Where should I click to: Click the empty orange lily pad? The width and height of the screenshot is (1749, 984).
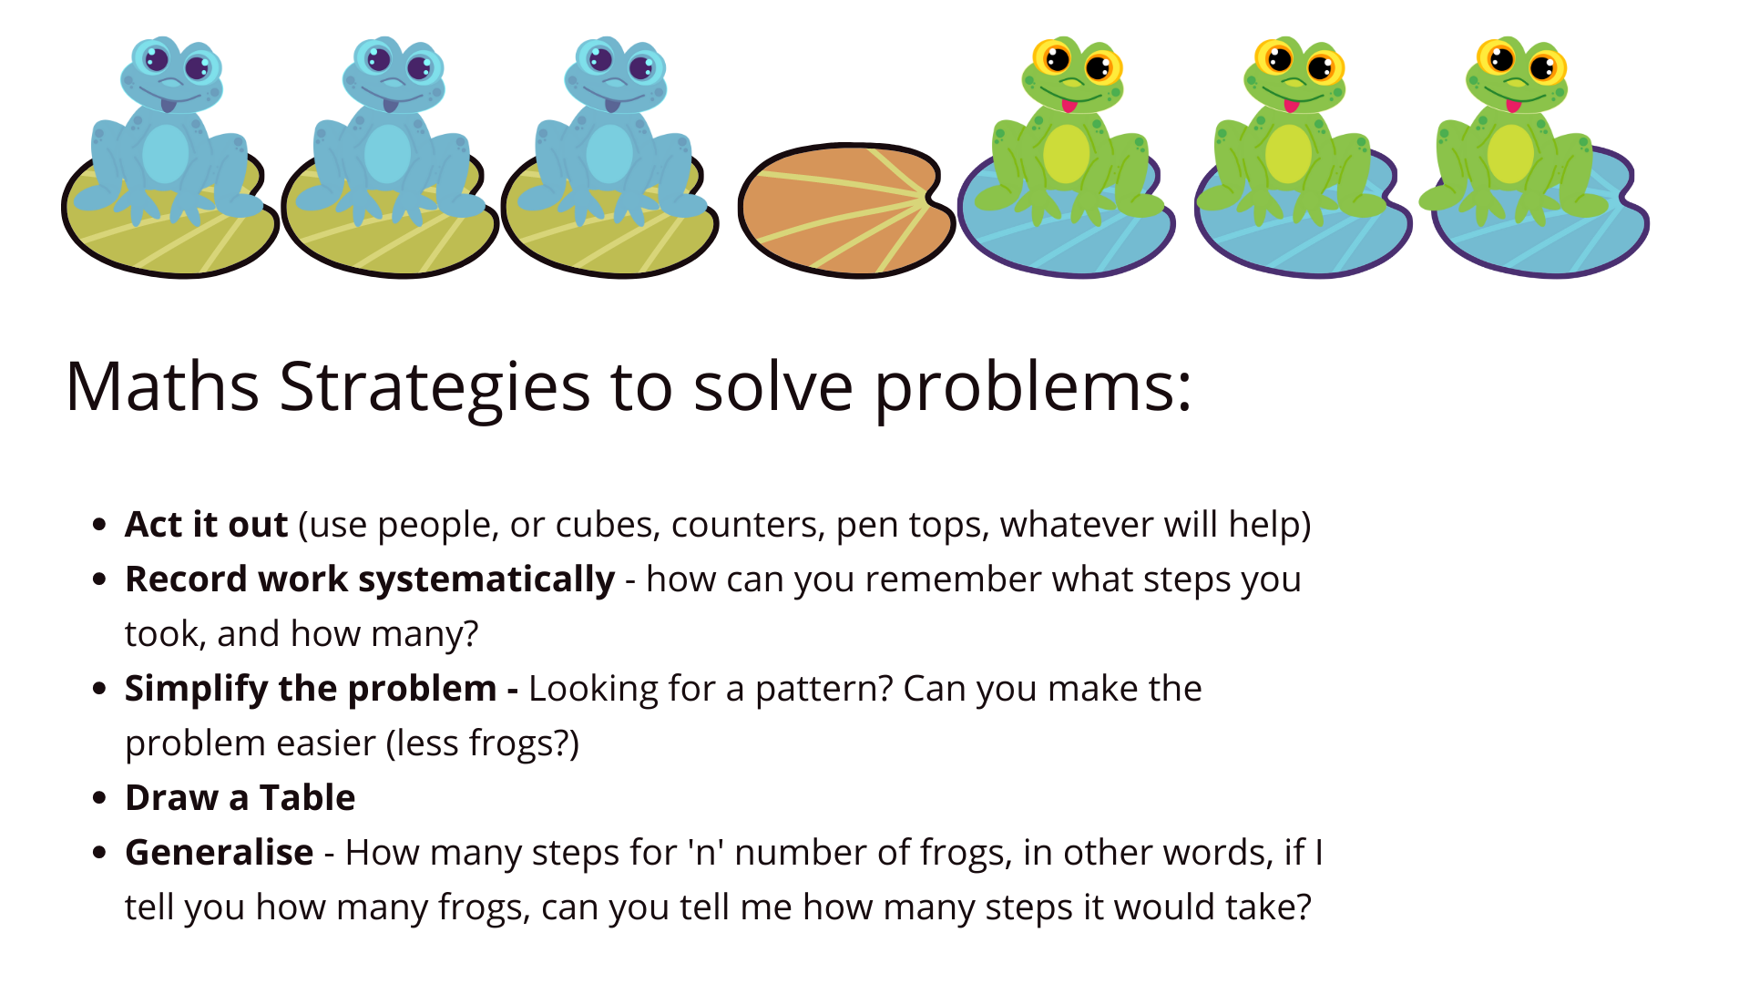[x=845, y=210]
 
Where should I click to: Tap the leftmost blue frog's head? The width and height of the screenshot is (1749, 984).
[x=171, y=73]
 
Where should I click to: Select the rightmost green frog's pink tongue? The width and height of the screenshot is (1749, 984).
[x=1513, y=106]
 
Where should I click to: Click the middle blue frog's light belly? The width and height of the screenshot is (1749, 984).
[x=388, y=154]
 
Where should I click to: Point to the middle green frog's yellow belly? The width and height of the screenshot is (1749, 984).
[x=1288, y=154]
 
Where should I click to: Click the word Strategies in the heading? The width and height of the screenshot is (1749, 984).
[x=435, y=387]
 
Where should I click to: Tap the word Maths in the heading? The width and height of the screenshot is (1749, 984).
[x=162, y=386]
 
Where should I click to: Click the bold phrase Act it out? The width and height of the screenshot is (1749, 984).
[x=207, y=525]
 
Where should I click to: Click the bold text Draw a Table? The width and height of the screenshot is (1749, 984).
[x=240, y=798]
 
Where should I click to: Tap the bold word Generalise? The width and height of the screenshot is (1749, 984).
[x=220, y=853]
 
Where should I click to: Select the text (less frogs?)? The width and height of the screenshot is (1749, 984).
[x=483, y=744]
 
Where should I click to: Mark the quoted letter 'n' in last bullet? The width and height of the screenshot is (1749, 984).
[x=707, y=853]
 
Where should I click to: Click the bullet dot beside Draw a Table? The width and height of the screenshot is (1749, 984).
[x=100, y=798]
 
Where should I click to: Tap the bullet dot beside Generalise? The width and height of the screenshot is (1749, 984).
[x=100, y=853]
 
